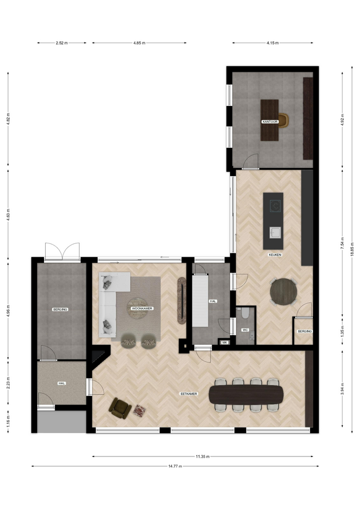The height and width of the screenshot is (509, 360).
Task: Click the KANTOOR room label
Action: pyautogui.click(x=270, y=122)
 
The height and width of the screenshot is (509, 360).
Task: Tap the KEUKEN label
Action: pyautogui.click(x=275, y=255)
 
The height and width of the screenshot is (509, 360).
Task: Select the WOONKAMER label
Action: pyautogui.click(x=142, y=309)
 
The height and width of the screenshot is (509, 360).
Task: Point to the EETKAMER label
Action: pyautogui.click(x=189, y=394)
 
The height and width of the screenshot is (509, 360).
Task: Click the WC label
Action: pyautogui.click(x=245, y=330)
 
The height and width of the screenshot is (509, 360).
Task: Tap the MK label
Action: pyautogui.click(x=224, y=343)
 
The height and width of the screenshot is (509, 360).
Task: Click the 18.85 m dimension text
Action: pyautogui.click(x=352, y=249)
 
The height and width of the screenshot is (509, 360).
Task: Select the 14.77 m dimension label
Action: pyautogui.click(x=175, y=466)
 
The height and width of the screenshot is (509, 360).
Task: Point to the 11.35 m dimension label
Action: pyautogui.click(x=203, y=457)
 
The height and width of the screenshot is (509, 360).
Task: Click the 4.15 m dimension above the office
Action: pyautogui.click(x=273, y=42)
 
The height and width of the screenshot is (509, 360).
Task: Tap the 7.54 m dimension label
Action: pyautogui.click(x=342, y=243)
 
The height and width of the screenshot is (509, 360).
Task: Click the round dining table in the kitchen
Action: pyautogui.click(x=284, y=292)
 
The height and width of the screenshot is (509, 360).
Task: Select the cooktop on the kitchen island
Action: pyautogui.click(x=276, y=205)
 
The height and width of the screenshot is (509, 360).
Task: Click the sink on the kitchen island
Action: pyautogui.click(x=276, y=233)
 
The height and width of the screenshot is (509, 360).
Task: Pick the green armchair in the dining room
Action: pyautogui.click(x=120, y=408)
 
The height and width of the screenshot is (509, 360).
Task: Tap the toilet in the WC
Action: pyautogui.click(x=245, y=313)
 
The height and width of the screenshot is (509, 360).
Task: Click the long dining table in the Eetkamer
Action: pyautogui.click(x=246, y=394)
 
